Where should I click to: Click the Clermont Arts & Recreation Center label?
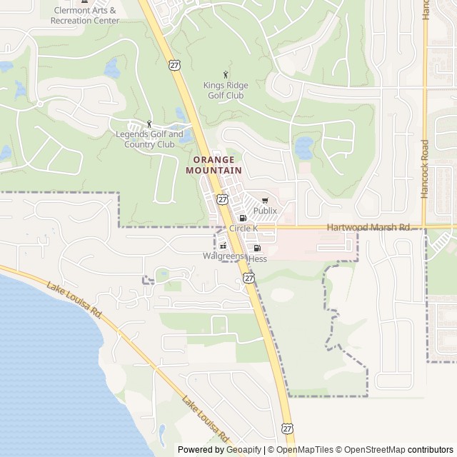pyautogui.click(x=84, y=15)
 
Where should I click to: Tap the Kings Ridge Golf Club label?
pyautogui.click(x=226, y=90)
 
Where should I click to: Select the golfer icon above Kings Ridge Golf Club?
pyautogui.click(x=226, y=74)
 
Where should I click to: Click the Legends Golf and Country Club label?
pyautogui.click(x=149, y=139)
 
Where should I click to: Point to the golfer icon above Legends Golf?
pyautogui.click(x=149, y=124)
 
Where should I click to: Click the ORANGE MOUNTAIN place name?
pyautogui.click(x=214, y=165)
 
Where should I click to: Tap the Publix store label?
pyautogui.click(x=265, y=211)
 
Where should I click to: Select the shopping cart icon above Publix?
pyautogui.click(x=265, y=201)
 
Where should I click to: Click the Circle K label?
pyautogui.click(x=243, y=228)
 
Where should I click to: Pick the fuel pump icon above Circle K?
pyautogui.click(x=243, y=218)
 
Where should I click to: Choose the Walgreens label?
pyautogui.click(x=223, y=255)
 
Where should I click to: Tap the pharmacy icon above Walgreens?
pyautogui.click(x=224, y=245)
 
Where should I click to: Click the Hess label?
pyautogui.click(x=258, y=258)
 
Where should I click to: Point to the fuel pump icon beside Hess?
pyautogui.click(x=257, y=248)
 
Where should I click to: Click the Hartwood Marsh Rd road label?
pyautogui.click(x=368, y=227)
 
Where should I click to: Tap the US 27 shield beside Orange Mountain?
pyautogui.click(x=223, y=199)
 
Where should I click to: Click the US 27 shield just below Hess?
pyautogui.click(x=248, y=277)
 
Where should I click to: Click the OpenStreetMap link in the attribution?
pyautogui.click(x=371, y=450)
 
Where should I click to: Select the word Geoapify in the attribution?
pyautogui.click(x=243, y=450)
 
